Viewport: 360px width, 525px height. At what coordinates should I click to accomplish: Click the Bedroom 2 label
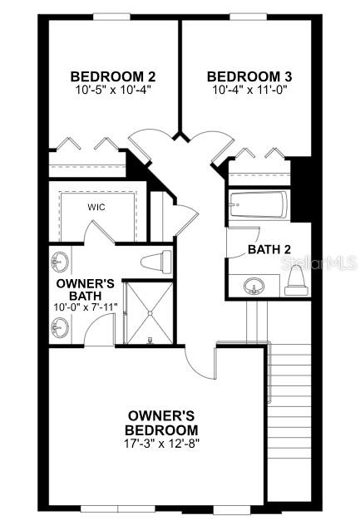(113, 76)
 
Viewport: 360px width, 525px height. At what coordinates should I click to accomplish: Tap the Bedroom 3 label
(249, 76)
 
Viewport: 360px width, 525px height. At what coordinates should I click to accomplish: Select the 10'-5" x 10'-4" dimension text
(113, 90)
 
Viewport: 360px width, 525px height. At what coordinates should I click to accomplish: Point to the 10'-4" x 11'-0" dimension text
(250, 90)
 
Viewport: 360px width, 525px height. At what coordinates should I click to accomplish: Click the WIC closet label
(96, 207)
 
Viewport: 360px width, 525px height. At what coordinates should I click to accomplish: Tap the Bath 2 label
(269, 249)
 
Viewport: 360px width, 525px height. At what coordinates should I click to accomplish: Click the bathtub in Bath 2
(258, 205)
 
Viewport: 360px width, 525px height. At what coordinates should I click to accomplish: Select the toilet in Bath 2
(297, 281)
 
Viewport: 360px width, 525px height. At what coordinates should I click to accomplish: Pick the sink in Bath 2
(254, 287)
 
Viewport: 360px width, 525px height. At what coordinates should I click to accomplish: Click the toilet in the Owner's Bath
(156, 262)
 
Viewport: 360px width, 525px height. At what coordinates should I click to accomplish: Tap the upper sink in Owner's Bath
(61, 262)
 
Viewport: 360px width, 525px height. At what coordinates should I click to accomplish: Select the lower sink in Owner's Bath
(61, 327)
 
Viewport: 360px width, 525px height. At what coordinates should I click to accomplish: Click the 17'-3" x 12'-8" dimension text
(161, 444)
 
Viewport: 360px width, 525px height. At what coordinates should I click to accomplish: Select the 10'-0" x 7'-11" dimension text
(86, 307)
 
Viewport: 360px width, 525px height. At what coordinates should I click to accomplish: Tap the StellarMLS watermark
(318, 262)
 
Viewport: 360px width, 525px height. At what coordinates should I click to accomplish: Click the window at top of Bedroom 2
(111, 17)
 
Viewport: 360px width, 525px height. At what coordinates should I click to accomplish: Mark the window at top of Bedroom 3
(248, 17)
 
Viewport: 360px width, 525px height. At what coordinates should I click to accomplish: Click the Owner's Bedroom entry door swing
(200, 363)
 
